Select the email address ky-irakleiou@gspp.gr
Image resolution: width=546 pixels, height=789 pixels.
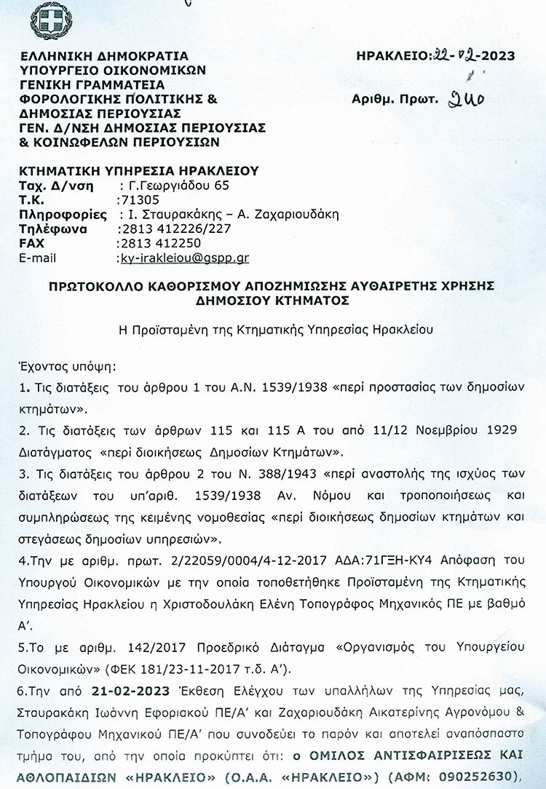183,258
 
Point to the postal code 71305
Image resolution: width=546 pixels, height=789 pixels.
137,199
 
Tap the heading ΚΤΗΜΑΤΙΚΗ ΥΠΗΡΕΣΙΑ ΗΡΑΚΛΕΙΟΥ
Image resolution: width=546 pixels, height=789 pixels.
138,171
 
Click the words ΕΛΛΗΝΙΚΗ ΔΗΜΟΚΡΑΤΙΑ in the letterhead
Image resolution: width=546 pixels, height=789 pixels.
104,56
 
